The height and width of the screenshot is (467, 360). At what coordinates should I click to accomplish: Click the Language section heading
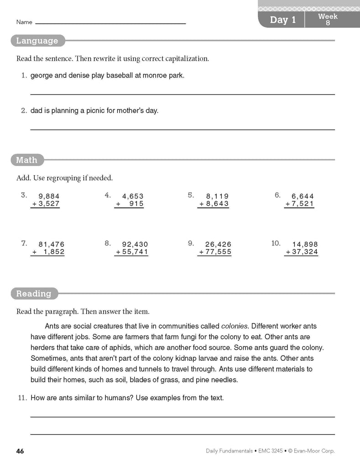37,41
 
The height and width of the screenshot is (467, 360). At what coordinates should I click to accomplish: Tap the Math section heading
26,160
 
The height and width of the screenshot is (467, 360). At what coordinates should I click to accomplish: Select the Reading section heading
34,294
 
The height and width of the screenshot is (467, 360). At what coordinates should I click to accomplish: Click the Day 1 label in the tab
283,20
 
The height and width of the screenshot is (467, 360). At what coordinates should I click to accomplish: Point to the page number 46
20,451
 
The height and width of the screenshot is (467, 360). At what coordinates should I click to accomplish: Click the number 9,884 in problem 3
49,197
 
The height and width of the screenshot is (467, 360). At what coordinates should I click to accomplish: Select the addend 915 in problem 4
136,204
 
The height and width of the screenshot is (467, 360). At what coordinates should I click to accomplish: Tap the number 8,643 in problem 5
217,204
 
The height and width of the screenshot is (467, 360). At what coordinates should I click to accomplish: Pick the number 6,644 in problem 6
303,197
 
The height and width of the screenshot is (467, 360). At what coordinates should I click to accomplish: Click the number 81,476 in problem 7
52,244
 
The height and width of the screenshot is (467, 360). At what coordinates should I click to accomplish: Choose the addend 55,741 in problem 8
136,252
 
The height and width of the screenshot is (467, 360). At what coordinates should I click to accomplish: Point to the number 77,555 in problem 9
219,252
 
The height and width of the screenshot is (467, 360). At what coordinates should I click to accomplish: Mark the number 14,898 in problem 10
305,244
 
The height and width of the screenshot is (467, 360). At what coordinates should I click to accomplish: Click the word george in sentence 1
41,76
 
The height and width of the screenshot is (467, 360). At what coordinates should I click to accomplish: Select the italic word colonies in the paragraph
234,327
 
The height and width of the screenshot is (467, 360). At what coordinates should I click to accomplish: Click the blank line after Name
110,23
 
